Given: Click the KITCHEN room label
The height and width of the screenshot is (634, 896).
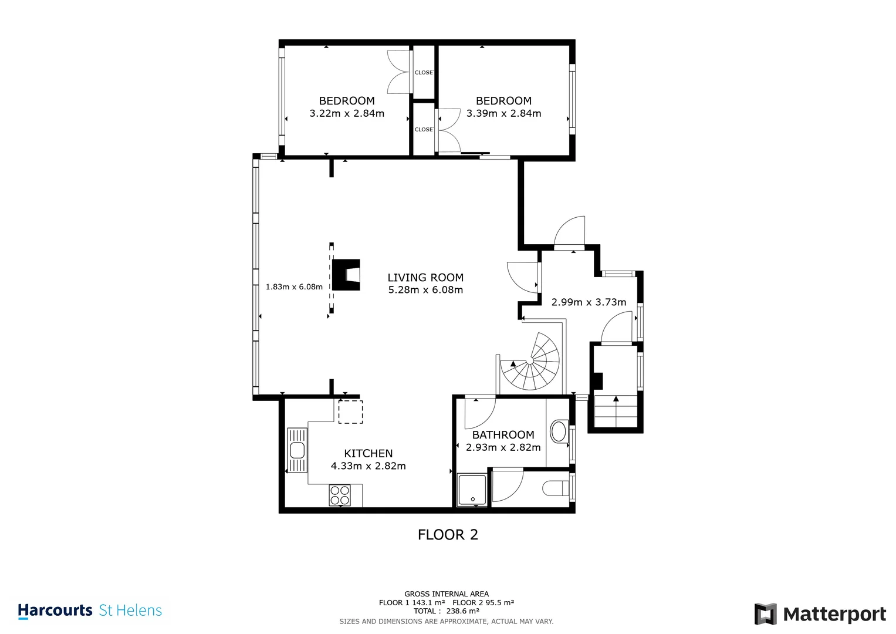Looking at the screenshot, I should pyautogui.click(x=368, y=453).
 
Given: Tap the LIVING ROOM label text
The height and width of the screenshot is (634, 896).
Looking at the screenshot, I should pyautogui.click(x=425, y=277).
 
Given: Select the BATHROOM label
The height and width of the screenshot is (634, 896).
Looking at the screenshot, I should pyautogui.click(x=503, y=434).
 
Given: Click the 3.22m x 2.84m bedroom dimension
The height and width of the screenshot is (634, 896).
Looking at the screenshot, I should pyautogui.click(x=347, y=113).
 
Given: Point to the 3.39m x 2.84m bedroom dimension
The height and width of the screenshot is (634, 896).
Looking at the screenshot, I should pyautogui.click(x=503, y=113).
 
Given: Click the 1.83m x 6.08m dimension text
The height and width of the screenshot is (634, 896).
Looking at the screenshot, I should pyautogui.click(x=294, y=287).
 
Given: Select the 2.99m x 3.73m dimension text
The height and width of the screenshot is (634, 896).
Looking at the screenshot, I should pyautogui.click(x=589, y=302).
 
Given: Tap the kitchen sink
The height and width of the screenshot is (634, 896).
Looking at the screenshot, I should pyautogui.click(x=297, y=450).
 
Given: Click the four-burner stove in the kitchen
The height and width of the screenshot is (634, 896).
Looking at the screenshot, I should pyautogui.click(x=340, y=495).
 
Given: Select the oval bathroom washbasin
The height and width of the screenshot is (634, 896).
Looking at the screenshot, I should pyautogui.click(x=559, y=432).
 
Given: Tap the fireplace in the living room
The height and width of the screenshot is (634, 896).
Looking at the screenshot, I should pyautogui.click(x=347, y=275).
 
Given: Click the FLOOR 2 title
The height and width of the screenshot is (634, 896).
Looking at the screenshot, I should pyautogui.click(x=448, y=535).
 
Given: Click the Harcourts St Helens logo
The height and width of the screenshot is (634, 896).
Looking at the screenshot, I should pyautogui.click(x=90, y=611).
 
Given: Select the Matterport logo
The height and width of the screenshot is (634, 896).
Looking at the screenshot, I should pyautogui.click(x=820, y=614).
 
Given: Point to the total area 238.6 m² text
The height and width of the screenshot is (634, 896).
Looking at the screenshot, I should pyautogui.click(x=447, y=611).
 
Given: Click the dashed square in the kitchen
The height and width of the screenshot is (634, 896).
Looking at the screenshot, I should pyautogui.click(x=350, y=412).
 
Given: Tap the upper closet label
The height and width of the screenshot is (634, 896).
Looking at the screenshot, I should pyautogui.click(x=424, y=73).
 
